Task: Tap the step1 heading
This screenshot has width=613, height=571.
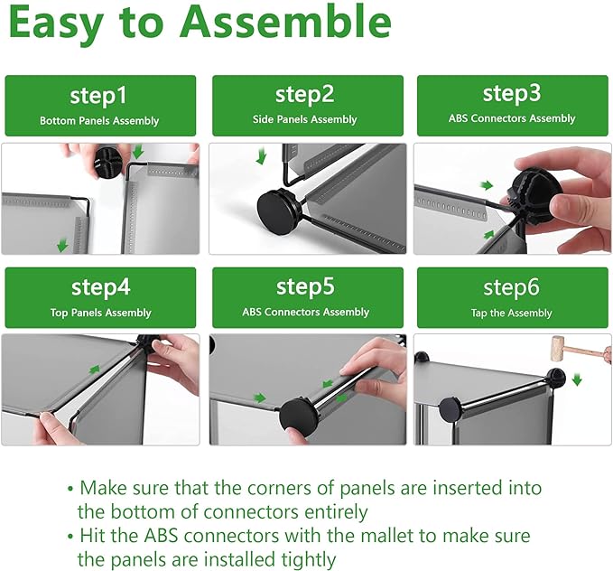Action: (98, 96)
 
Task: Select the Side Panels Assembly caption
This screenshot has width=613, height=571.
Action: (304, 119)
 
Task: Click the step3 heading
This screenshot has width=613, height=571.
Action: (512, 94)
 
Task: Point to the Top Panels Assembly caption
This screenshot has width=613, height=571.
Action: (100, 313)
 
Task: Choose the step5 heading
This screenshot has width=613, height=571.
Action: (305, 286)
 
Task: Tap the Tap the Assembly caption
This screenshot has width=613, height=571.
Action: (511, 313)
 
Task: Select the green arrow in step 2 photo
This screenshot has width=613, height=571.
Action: (261, 155)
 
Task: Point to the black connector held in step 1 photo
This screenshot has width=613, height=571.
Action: (109, 163)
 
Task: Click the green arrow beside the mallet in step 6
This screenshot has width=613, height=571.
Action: (577, 379)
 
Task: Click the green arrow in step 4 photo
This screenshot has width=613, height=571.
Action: (94, 369)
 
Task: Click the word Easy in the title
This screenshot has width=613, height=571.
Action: (56, 23)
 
